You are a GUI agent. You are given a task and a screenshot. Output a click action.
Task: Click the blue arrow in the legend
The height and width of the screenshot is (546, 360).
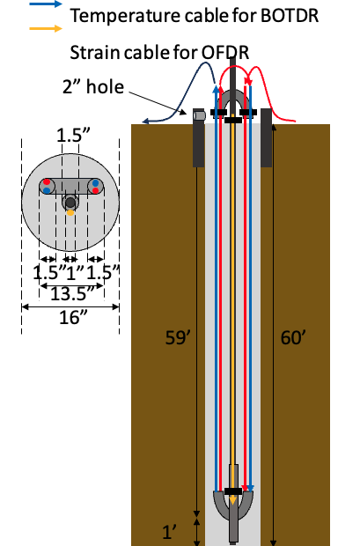[x=46, y=4]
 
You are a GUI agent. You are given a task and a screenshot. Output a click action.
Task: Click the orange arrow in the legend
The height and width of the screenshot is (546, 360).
[x=46, y=28]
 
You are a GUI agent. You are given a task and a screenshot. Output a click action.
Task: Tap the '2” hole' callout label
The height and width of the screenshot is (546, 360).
[x=93, y=86]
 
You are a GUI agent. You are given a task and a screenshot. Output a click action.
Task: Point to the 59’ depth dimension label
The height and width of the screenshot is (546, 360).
[x=178, y=337]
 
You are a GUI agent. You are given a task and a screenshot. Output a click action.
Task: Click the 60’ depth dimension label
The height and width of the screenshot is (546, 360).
[x=293, y=337]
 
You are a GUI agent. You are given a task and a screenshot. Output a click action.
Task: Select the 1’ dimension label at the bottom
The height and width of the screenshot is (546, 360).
[x=171, y=532]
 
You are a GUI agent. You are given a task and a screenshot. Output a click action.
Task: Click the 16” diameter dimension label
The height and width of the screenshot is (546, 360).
[x=73, y=317]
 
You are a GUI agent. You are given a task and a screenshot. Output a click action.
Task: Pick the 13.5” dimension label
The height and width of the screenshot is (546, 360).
[x=72, y=294]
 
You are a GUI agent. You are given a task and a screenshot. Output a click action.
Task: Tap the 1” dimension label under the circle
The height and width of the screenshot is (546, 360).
[x=75, y=273]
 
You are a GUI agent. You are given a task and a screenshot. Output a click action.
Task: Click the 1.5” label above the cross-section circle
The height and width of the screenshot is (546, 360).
[x=73, y=135]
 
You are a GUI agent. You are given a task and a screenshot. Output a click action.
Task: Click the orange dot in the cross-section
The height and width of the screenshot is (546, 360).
[x=70, y=212]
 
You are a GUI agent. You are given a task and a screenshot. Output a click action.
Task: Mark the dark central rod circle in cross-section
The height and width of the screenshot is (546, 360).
[x=70, y=203]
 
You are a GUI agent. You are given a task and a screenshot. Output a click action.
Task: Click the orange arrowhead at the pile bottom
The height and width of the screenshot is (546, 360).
[x=232, y=500]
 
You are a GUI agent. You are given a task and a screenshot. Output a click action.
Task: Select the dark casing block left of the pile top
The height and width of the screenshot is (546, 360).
[x=199, y=138]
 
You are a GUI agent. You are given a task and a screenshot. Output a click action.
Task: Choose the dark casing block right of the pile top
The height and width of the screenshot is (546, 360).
[x=267, y=138]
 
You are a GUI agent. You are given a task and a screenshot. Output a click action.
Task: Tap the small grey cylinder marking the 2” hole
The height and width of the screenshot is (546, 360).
[x=199, y=114]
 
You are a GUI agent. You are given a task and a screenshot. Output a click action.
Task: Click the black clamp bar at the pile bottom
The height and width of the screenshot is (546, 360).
[x=233, y=491]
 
